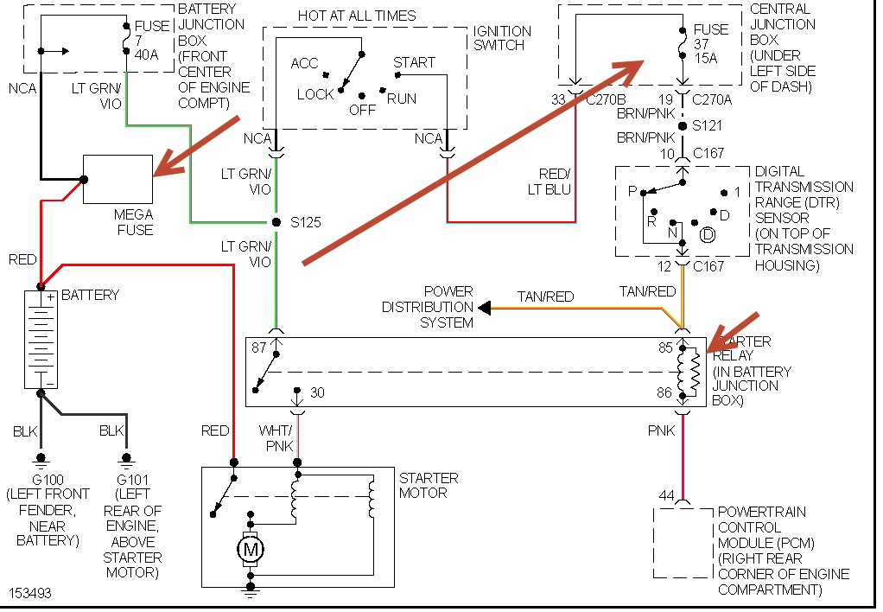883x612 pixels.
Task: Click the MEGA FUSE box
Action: tap(118, 179)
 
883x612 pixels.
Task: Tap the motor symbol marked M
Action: tap(251, 549)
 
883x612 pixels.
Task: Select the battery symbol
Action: tap(41, 339)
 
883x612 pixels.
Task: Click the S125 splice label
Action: tap(307, 223)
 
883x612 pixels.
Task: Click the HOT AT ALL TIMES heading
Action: tap(357, 16)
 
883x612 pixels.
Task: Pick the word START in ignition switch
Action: tap(415, 63)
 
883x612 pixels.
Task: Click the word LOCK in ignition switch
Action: tap(315, 94)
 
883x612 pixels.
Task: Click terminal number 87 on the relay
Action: tap(258, 347)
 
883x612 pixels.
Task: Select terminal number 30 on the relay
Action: tap(317, 393)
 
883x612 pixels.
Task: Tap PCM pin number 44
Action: tap(665, 496)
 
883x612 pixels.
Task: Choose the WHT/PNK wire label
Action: tap(277, 437)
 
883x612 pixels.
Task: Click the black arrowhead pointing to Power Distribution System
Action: tap(485, 307)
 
